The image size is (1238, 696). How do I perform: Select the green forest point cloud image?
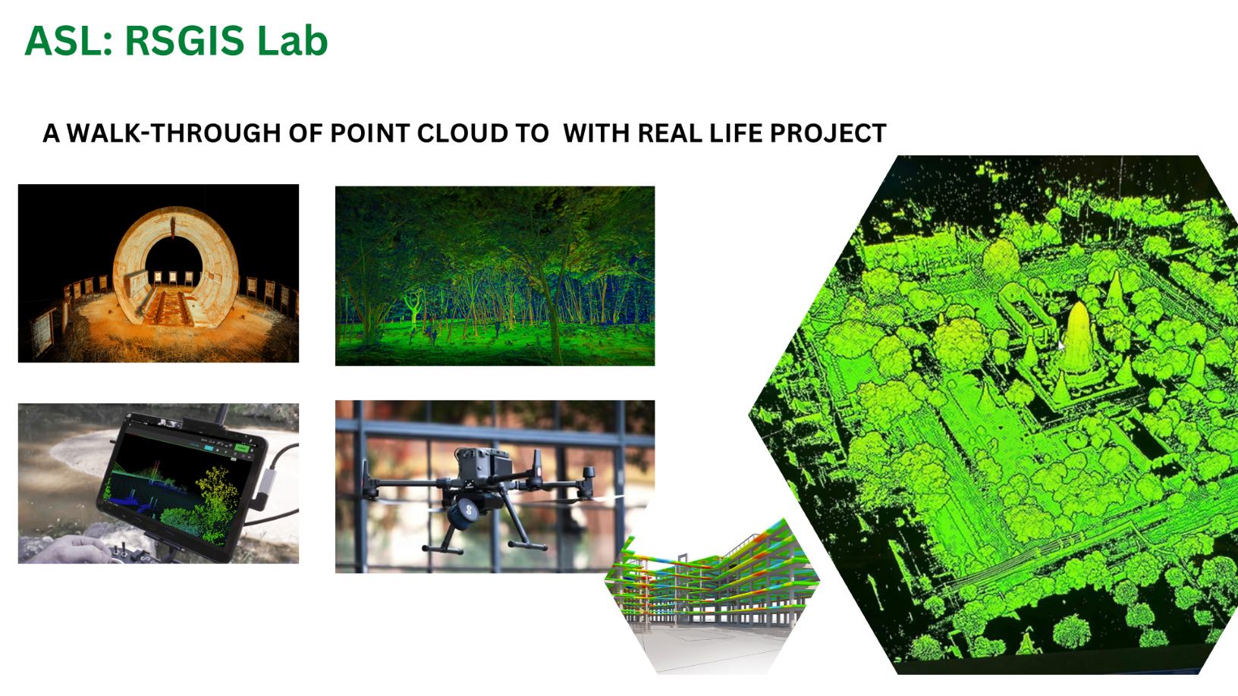coord(495,276)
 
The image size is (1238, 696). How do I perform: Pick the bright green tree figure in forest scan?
coord(413,309)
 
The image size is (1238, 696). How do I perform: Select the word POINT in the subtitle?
coord(370,133)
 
